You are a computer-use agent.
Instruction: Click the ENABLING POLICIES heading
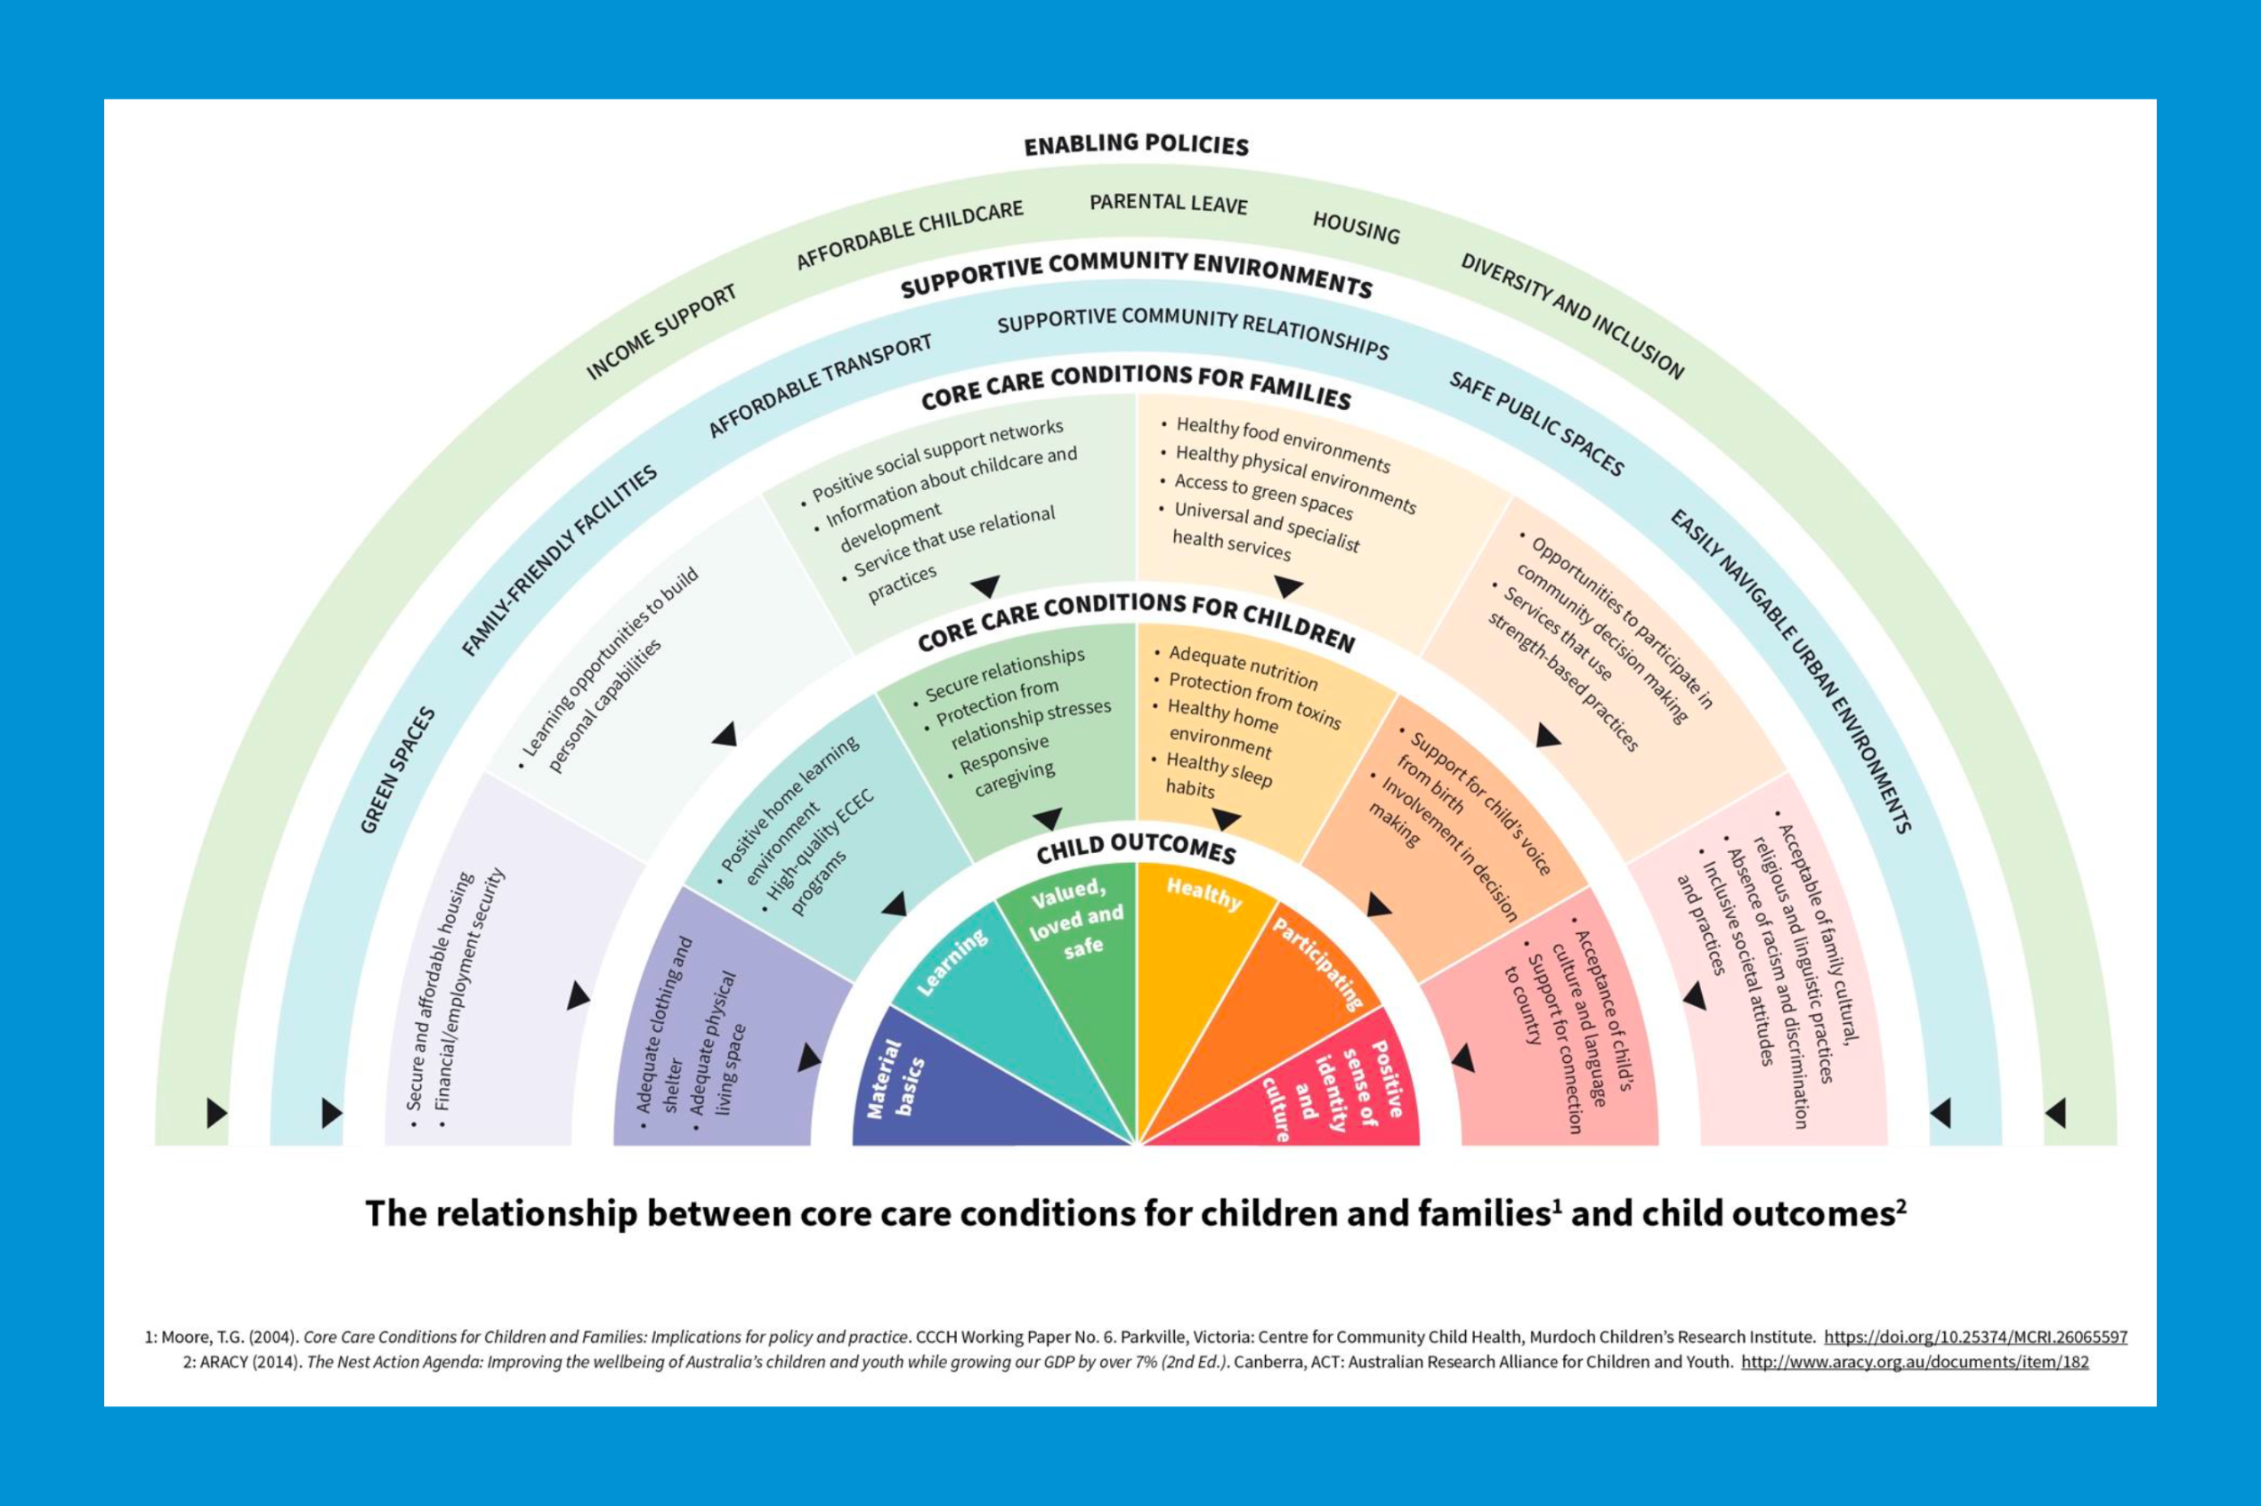pos(1136,145)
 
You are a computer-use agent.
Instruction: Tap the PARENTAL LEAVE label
pos(1169,204)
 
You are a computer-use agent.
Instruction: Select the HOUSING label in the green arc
pos(1356,228)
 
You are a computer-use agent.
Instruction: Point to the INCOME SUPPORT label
pos(661,332)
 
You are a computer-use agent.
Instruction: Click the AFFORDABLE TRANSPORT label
pos(820,385)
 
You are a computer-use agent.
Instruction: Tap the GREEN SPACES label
pos(397,770)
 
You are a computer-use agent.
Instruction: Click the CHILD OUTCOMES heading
pos(1136,848)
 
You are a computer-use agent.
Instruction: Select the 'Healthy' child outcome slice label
pos(1204,893)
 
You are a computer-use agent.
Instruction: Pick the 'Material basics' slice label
pos(895,1077)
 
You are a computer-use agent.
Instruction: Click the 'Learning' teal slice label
pos(952,962)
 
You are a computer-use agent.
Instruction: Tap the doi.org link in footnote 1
pos(1975,1337)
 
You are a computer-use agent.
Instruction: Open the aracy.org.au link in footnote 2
pos(1915,1362)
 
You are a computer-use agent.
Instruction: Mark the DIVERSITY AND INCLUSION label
pos(1572,316)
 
